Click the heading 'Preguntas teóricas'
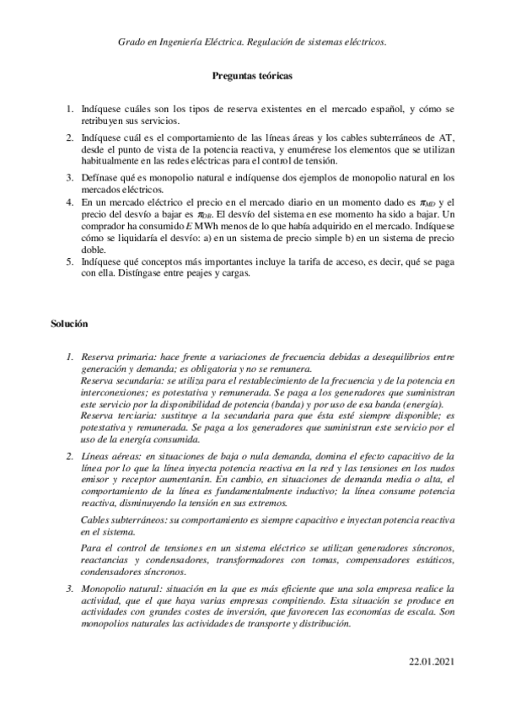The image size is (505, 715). pos(252,76)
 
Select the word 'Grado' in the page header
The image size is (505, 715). pos(132,40)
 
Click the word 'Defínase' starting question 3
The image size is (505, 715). pos(101,178)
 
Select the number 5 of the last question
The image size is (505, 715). pos(70,261)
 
